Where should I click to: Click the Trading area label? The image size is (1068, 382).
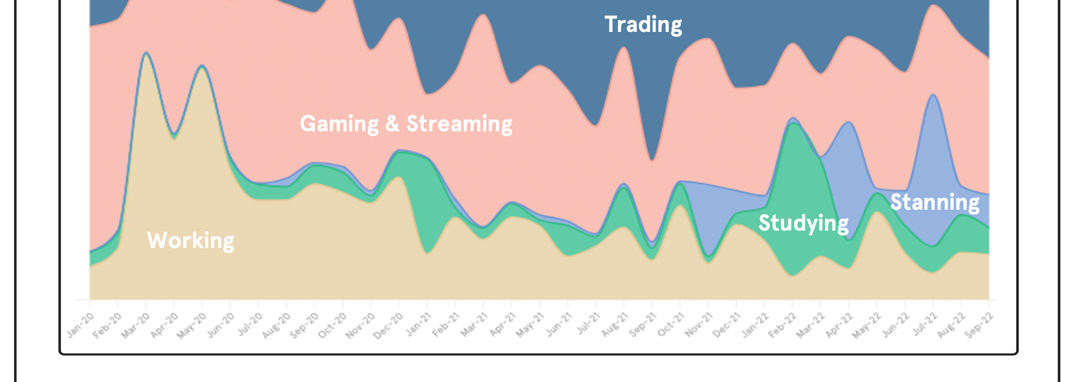pos(643,25)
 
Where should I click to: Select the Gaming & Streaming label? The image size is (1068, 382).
pos(406,124)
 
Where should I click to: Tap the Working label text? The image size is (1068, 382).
pos(190,240)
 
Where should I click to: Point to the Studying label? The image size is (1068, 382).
pos(803,223)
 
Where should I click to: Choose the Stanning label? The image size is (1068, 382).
pos(934,202)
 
